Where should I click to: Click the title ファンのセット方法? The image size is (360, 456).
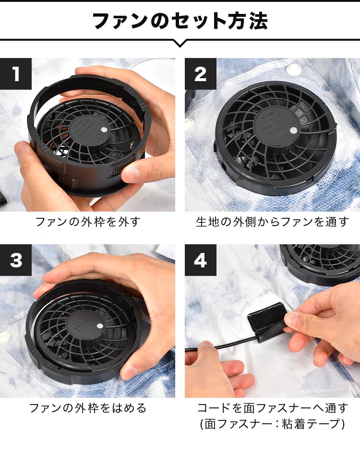click(180, 21)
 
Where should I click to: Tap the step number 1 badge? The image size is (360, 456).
click(16, 74)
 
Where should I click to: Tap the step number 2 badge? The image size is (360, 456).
click(201, 74)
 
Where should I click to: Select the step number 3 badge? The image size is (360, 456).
click(16, 260)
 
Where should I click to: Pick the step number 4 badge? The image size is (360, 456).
click(201, 260)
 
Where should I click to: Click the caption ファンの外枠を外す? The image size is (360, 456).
click(88, 222)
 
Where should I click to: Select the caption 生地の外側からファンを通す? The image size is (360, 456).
click(272, 222)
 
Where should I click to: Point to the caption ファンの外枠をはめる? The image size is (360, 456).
click(88, 408)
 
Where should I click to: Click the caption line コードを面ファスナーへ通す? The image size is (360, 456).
click(272, 408)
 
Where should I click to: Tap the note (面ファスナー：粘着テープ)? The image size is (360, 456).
click(272, 425)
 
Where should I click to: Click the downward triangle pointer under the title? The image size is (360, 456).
click(180, 43)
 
